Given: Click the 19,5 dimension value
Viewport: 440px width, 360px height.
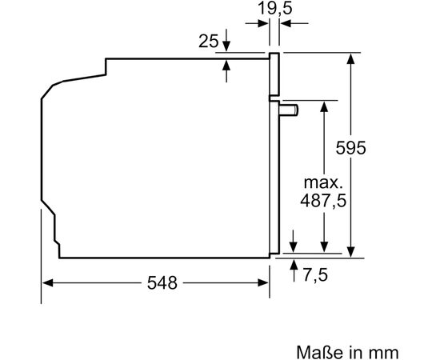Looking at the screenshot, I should (274, 10).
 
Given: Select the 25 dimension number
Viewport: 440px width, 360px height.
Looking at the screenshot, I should (208, 41).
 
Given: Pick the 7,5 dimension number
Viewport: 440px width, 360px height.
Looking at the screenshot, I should (315, 275).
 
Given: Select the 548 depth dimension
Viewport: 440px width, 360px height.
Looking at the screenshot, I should (162, 283).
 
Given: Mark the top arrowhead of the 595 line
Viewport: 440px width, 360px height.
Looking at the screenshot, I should (351, 58).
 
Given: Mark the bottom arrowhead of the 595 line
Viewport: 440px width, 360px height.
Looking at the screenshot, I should (351, 250).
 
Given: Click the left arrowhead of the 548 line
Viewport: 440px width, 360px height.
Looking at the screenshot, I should (47, 282).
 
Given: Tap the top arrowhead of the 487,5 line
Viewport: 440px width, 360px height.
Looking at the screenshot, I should (323, 106).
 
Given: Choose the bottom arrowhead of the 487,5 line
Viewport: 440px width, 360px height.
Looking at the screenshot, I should (323, 250).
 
